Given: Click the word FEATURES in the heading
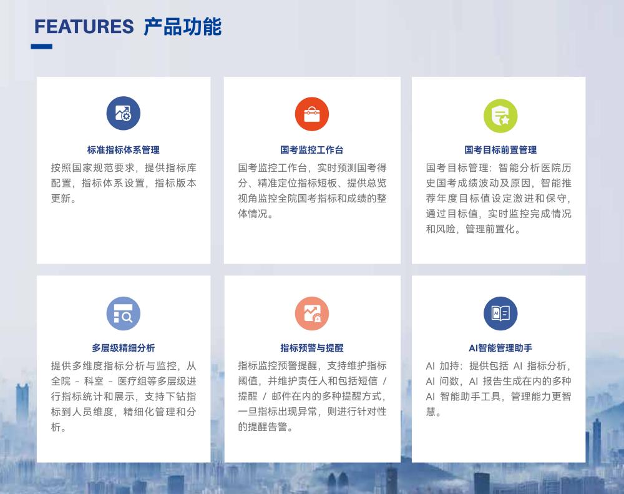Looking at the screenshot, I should pyautogui.click(x=84, y=27).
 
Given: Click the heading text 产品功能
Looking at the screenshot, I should pyautogui.click(x=182, y=27).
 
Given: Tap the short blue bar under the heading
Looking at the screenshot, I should pyautogui.click(x=42, y=47).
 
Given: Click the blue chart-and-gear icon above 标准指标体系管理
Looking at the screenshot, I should pyautogui.click(x=124, y=114).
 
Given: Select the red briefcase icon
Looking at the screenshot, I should pyautogui.click(x=311, y=114).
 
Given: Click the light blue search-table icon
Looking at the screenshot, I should pyautogui.click(x=124, y=314).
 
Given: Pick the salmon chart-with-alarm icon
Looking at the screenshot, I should pyautogui.click(x=311, y=314).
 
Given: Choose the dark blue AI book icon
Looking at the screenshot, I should pyautogui.click(x=500, y=314).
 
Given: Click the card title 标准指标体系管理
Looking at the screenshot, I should pyautogui.click(x=124, y=150).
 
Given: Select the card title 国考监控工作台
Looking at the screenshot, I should pyautogui.click(x=311, y=150).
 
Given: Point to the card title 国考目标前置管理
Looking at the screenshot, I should pyautogui.click(x=500, y=150).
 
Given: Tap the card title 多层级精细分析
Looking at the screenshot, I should pyautogui.click(x=124, y=348).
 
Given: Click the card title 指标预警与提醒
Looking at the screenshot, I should pyautogui.click(x=311, y=348).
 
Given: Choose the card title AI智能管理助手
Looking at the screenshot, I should pyautogui.click(x=500, y=348).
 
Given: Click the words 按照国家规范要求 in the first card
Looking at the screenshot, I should pyautogui.click(x=93, y=168).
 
